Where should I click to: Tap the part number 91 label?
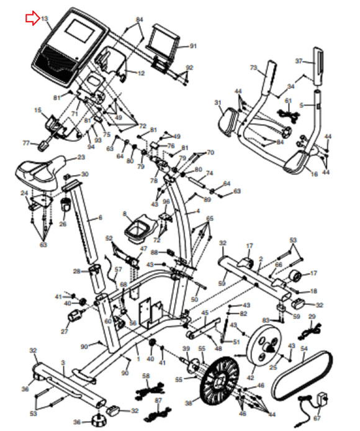(193, 46)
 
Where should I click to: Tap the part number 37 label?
(299, 61)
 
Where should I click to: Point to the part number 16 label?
(314, 175)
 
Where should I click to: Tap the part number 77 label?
(25, 143)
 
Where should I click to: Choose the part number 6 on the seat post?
(99, 219)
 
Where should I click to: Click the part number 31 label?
(218, 102)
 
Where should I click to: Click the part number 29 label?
(312, 317)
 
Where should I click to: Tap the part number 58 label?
(146, 376)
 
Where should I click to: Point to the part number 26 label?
(62, 224)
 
